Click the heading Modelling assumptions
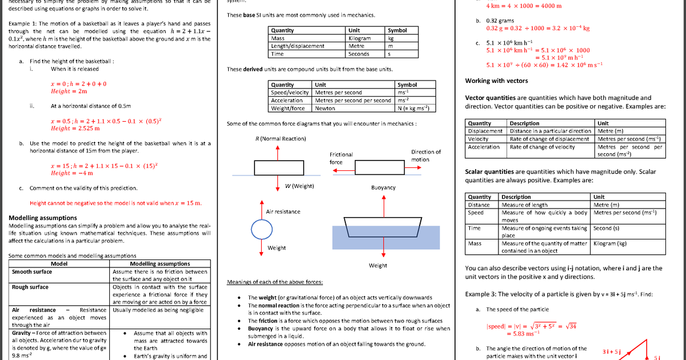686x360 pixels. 43,218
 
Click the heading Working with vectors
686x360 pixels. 496,81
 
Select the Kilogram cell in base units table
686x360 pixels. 360,38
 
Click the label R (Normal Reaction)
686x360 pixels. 280,139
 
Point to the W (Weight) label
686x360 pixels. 299,186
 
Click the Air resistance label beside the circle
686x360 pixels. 283,212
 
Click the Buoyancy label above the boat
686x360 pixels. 383,187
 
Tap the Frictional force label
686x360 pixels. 341,158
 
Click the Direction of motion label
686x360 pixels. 425,155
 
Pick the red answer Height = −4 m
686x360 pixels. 71,173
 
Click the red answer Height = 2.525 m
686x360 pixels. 75,129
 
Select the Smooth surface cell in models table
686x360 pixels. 31,272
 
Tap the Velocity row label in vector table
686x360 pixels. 478,139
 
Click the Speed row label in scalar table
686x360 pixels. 476,213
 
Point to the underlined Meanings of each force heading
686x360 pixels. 274,282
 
